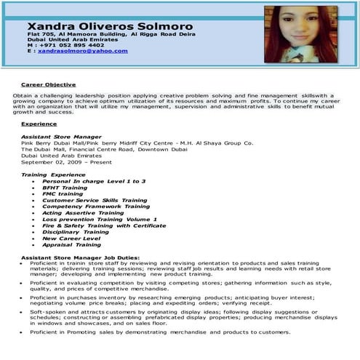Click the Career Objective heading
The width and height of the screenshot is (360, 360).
point(49,84)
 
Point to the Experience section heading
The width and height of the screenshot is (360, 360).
point(39,124)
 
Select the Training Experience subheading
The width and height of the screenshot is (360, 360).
point(53,175)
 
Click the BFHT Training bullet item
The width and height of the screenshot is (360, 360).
point(67,187)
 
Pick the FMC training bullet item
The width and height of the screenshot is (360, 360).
point(63,193)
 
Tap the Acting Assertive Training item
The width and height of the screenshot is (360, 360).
point(83,213)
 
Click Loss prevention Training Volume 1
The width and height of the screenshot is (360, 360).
point(100,219)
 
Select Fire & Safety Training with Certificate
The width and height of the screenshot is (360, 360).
point(104,225)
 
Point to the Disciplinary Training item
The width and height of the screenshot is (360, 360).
point(76,232)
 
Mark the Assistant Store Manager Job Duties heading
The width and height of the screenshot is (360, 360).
point(80,257)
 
